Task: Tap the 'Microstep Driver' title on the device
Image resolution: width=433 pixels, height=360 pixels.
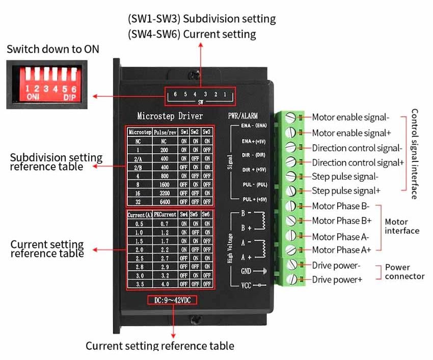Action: point(170,116)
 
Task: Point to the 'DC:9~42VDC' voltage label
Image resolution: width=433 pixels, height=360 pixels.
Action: point(172,300)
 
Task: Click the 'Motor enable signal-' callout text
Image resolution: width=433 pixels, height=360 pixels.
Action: point(350,118)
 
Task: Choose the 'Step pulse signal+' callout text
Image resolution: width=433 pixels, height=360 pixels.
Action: point(345,191)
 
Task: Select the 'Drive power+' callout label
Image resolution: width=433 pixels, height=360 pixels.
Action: point(337,280)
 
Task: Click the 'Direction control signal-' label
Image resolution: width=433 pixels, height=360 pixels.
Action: point(357,148)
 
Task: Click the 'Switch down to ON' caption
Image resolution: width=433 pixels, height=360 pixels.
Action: point(53,49)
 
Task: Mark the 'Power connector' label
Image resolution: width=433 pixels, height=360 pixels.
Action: point(404,272)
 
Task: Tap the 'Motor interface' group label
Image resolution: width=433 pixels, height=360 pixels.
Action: point(402,227)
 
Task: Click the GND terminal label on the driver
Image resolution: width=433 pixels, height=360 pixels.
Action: point(246,271)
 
